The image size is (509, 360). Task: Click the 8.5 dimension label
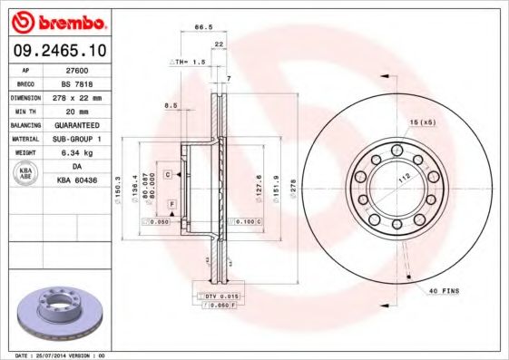[x=170, y=106]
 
